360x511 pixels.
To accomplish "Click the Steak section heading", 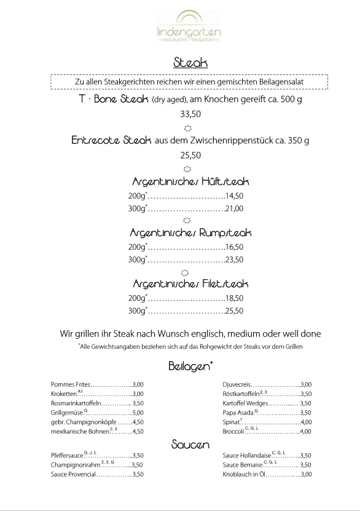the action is [190, 63].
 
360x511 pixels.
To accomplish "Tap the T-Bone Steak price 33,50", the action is [190, 114].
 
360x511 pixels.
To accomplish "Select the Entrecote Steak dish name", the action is [111, 140].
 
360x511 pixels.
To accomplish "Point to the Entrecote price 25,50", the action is [190, 155].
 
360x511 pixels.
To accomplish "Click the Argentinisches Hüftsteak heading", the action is [190, 182].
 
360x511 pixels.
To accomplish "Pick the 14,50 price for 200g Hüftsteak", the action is [234, 196].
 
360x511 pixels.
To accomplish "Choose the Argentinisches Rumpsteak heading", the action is [190, 233].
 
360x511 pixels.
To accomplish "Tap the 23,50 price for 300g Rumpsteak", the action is [234, 259].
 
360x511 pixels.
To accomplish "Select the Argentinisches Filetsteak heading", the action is [190, 284].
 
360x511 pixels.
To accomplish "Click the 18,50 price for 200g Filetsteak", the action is [234, 298].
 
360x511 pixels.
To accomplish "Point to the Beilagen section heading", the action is [190, 366].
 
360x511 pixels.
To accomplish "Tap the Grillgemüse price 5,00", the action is [138, 413].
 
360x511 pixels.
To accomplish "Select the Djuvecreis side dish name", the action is [237, 384].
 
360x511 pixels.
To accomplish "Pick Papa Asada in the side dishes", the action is [240, 413].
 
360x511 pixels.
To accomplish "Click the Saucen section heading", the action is [190, 444].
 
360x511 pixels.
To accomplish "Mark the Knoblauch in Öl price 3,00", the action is [305, 474].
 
